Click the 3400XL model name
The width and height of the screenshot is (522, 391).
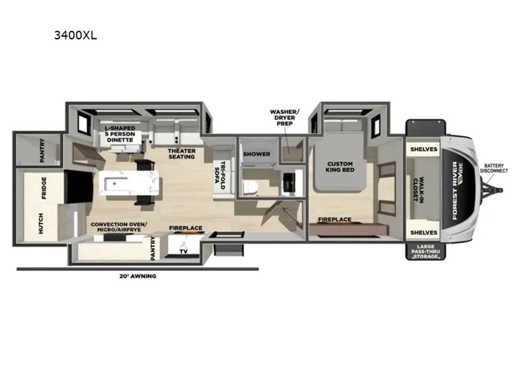pos(75,36)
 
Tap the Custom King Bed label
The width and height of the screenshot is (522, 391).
pos(340,167)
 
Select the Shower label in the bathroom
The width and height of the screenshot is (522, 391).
pos(257,154)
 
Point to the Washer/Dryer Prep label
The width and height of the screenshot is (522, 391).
pos(284,117)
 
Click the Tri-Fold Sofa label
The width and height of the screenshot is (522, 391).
pos(220,175)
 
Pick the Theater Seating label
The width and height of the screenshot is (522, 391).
pos(182,154)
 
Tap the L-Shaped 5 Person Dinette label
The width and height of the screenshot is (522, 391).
pos(120,134)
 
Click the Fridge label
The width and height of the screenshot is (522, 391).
pos(44,188)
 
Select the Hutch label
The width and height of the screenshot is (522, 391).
pos(41,223)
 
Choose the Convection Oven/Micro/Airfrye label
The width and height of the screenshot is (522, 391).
pos(119,227)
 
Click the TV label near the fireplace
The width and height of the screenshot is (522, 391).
pos(184,251)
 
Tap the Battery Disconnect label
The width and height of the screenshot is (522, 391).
pos(494,168)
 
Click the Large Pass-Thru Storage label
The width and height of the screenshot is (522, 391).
pos(426,252)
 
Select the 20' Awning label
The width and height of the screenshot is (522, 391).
pos(138,276)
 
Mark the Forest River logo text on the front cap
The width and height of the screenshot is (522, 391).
pos(455,191)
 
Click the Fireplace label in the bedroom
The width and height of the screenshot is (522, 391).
pos(335,219)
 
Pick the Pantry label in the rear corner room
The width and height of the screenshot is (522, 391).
pos(42,150)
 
